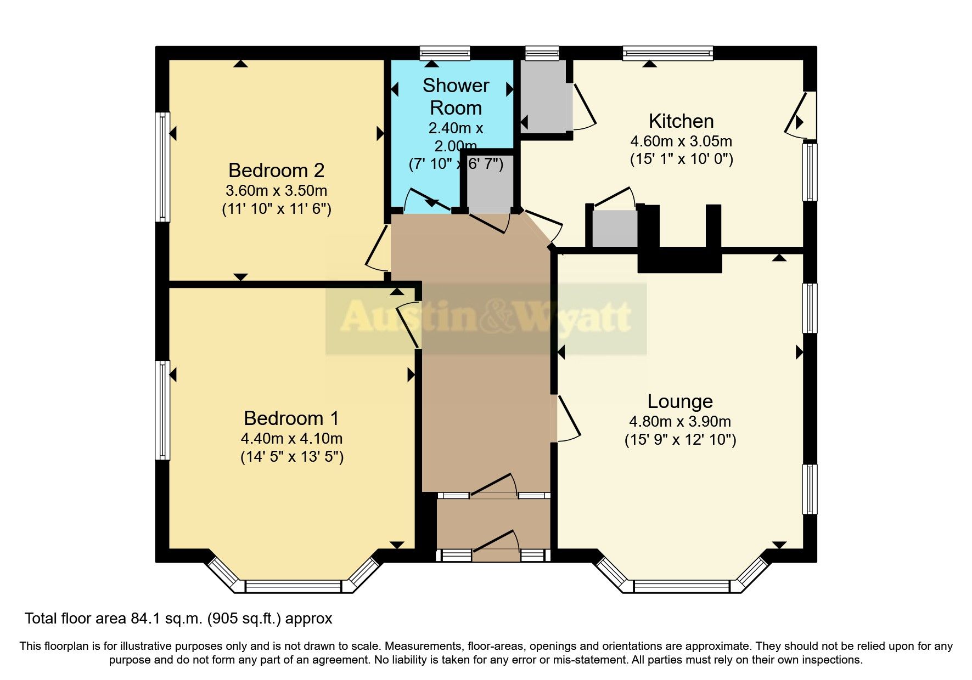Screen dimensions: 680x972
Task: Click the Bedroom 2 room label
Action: point(276,171)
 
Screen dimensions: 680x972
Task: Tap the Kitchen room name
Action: point(681,121)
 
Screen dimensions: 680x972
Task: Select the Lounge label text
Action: point(679,401)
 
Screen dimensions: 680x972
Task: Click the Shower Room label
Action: point(456,97)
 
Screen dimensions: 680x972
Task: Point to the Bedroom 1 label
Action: point(291,418)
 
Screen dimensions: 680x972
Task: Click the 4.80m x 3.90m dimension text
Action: point(679,422)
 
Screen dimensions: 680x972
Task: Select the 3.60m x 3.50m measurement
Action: point(276,191)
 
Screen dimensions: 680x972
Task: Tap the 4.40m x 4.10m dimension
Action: point(291,439)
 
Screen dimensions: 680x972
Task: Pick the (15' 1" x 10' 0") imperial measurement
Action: point(681,160)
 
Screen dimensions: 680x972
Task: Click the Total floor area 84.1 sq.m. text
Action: point(178,619)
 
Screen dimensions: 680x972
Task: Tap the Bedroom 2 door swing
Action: point(378,250)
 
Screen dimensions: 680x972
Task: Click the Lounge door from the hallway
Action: point(568,418)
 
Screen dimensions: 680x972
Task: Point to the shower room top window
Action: point(445,53)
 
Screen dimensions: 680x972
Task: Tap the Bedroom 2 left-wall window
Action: point(162,167)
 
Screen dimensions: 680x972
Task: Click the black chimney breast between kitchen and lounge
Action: point(679,258)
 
